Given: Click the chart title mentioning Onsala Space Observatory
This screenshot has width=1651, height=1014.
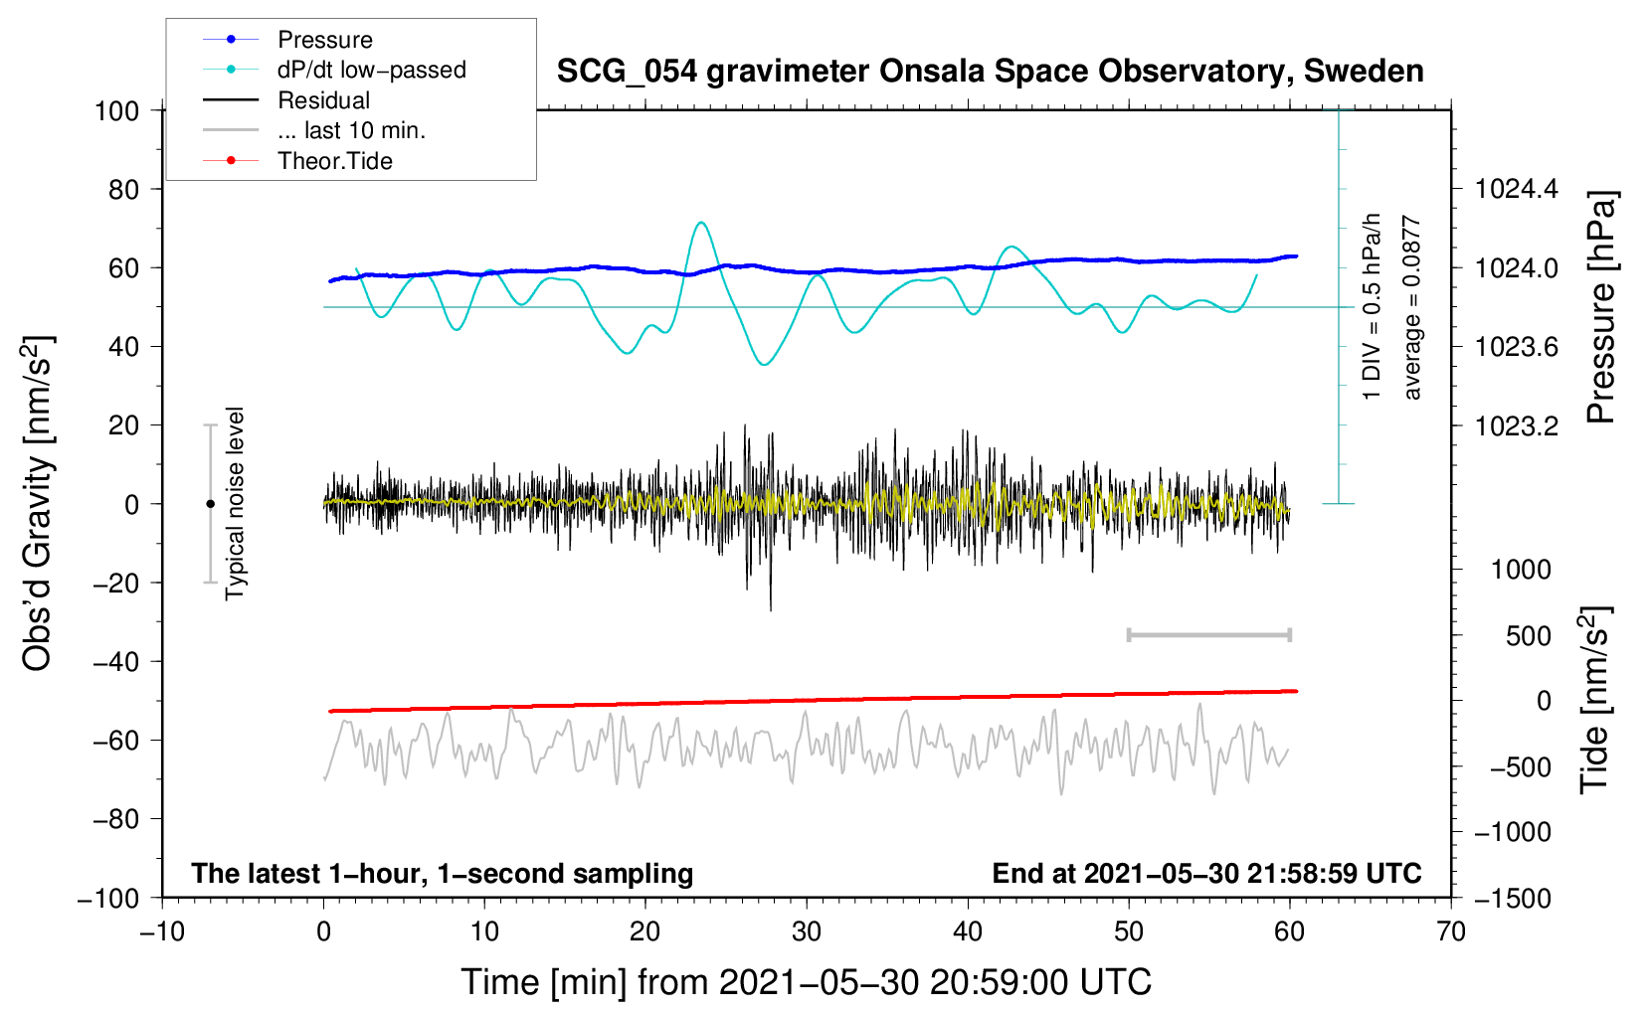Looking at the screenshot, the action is (x=990, y=72).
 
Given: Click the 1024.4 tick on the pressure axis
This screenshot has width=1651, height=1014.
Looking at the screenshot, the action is (x=1517, y=190).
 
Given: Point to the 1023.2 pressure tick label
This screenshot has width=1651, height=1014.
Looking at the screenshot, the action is (x=1517, y=425).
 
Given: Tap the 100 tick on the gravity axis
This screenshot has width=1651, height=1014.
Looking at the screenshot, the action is (x=116, y=111).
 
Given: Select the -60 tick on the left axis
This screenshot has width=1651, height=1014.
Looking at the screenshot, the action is (x=115, y=741).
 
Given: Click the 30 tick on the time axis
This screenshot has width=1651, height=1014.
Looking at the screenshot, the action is (x=807, y=931).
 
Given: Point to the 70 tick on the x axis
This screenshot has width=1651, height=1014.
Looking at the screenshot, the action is (x=1450, y=931).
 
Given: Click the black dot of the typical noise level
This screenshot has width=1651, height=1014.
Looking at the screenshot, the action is (x=210, y=504).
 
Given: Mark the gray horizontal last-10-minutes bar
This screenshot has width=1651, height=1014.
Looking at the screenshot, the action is (x=1208, y=634).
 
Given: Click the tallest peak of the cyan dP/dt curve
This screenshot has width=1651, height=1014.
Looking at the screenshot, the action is (x=700, y=222).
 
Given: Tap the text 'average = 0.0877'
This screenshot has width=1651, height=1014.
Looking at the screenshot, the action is (x=1410, y=307).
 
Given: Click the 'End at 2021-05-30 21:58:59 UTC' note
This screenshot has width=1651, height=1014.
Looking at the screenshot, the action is (x=1206, y=873).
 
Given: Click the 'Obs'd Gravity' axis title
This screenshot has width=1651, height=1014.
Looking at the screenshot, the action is (x=37, y=503).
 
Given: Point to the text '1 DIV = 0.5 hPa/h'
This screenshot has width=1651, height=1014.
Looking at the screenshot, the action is (x=1371, y=307).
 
